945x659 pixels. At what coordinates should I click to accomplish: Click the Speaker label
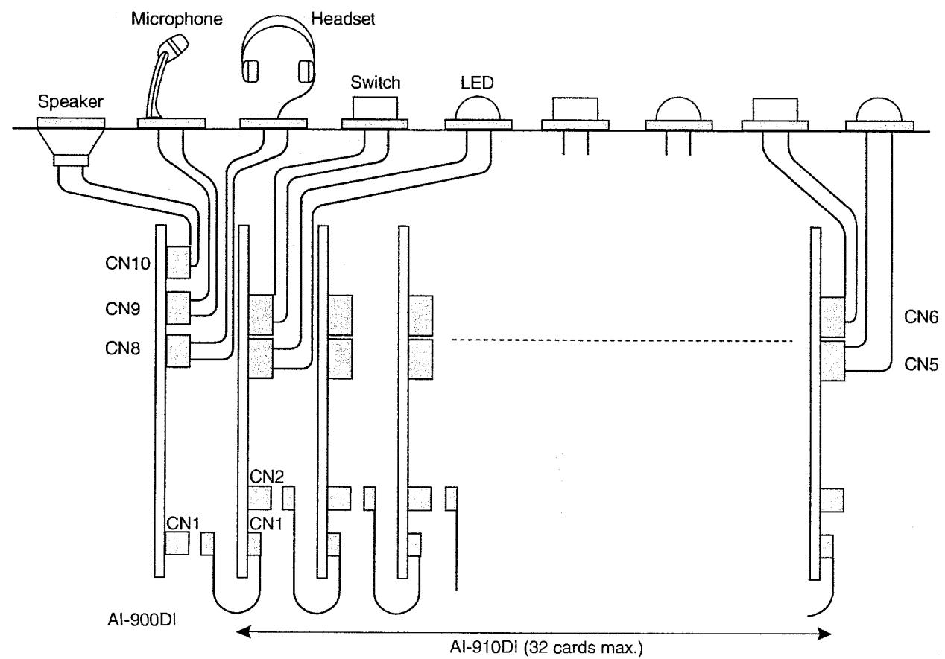pos(71,101)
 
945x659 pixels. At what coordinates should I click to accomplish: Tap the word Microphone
pos(177,19)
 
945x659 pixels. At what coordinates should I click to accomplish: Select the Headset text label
pos(343,19)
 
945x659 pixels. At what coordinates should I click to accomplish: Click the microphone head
pos(177,45)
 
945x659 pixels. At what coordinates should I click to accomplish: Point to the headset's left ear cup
pos(250,71)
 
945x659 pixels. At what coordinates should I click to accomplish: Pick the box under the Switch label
pos(375,108)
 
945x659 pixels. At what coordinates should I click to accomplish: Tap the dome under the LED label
pos(478,109)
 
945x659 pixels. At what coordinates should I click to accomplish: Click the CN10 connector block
pos(178,262)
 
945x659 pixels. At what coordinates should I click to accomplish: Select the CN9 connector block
pos(178,308)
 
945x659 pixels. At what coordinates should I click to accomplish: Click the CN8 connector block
pos(178,351)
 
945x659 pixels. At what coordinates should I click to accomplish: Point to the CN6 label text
pos(921,317)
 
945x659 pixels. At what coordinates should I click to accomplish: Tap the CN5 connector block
pos(832,361)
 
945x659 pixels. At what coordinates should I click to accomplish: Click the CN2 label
pos(267,477)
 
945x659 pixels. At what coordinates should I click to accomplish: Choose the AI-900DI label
pos(142,620)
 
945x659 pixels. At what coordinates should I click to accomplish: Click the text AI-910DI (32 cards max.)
pos(546,647)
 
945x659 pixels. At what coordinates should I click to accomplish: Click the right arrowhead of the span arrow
pos(825,633)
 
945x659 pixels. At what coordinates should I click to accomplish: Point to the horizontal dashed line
pos(622,340)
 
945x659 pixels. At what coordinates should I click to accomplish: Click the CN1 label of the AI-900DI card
pos(183,523)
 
